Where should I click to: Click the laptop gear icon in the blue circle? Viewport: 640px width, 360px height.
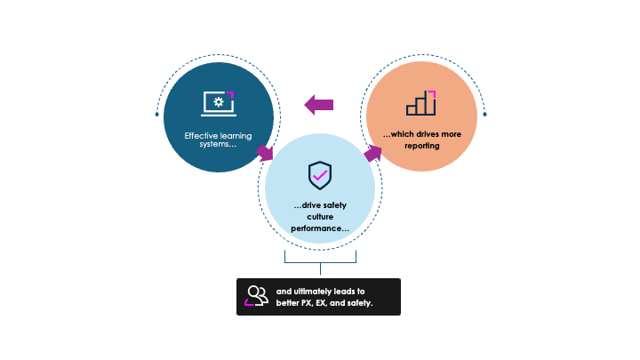(218, 104)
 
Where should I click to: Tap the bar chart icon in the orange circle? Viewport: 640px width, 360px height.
(421, 103)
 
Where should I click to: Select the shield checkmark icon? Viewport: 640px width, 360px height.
(320, 176)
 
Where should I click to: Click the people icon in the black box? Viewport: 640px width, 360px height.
(257, 296)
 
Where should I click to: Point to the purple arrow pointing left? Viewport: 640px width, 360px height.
(319, 105)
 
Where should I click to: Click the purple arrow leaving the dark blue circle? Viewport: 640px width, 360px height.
(265, 153)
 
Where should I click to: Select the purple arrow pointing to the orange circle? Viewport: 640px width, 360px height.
(372, 153)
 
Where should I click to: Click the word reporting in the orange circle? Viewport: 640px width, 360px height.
(421, 145)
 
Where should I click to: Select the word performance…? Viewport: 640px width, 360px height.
(320, 228)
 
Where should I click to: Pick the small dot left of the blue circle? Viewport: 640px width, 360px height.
(157, 115)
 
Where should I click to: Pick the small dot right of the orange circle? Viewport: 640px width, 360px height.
(484, 115)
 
